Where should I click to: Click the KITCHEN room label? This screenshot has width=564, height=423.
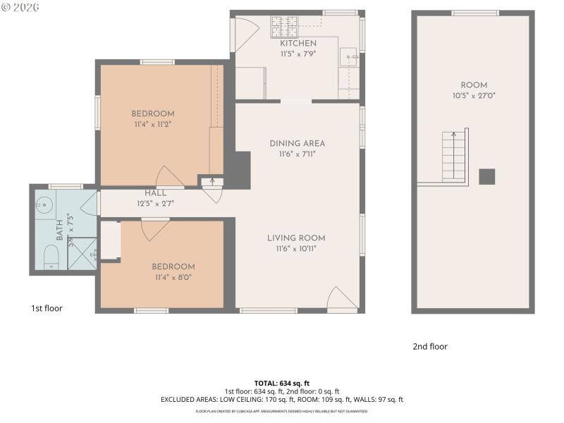click(298, 44)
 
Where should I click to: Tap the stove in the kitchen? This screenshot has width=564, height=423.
click(284, 27)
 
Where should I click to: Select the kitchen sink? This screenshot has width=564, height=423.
click(348, 56)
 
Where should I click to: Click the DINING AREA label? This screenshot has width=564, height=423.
click(297, 144)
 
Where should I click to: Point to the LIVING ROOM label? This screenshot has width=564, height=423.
click(296, 238)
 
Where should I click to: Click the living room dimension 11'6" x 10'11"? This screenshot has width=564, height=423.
click(296, 248)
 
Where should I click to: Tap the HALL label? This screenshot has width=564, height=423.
click(155, 193)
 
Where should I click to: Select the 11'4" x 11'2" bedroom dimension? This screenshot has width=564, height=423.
click(153, 124)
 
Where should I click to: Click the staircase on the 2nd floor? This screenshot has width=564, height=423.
click(454, 157)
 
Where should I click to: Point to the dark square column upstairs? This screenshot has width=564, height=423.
click(486, 176)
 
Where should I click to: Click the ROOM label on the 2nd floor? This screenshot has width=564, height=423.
click(473, 85)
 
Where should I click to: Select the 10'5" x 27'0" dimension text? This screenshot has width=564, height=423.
click(473, 96)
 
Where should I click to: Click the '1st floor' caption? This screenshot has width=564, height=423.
click(47, 308)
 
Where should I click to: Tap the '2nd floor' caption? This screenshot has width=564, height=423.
click(430, 346)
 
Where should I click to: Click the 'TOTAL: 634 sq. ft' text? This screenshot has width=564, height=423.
click(282, 384)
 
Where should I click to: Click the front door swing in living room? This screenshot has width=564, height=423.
click(342, 299)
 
